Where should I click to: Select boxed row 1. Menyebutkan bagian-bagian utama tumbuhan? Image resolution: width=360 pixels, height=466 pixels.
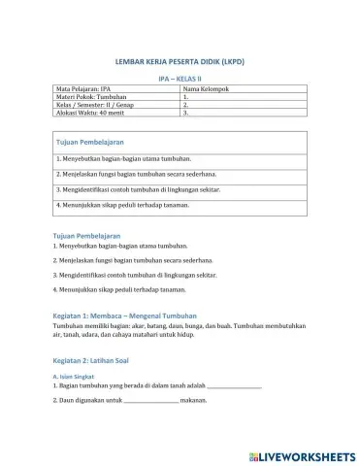tap(123, 157)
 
